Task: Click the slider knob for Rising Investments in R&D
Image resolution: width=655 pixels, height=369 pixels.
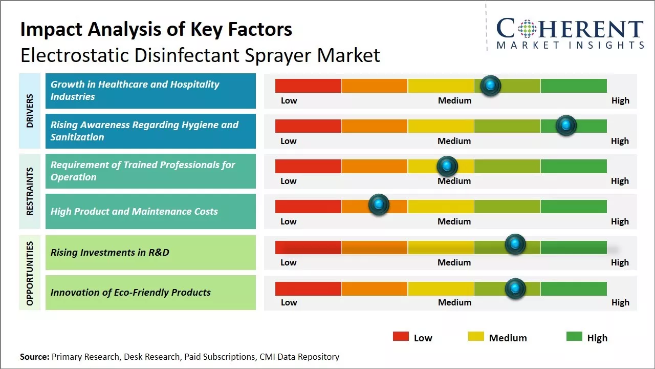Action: (x=515, y=244)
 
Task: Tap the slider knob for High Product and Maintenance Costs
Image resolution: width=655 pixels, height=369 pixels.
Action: (x=379, y=204)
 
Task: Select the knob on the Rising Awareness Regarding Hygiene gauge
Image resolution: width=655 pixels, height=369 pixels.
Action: (x=566, y=125)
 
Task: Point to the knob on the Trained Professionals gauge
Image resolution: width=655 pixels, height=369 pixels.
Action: (x=447, y=166)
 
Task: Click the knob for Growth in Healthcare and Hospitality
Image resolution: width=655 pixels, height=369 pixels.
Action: (x=491, y=85)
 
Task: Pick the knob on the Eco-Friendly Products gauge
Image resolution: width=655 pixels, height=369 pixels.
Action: (x=515, y=289)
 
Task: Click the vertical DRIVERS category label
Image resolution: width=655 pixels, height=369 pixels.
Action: (x=30, y=111)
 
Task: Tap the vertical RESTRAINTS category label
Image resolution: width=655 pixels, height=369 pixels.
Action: (x=30, y=191)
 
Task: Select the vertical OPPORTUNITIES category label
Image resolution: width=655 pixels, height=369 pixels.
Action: (x=30, y=273)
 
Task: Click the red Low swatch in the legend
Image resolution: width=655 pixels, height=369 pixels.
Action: (x=401, y=336)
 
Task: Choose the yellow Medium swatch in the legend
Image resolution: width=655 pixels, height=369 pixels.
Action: (x=476, y=336)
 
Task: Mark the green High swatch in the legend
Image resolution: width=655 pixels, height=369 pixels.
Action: (x=574, y=336)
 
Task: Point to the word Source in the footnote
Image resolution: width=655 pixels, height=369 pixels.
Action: (x=34, y=357)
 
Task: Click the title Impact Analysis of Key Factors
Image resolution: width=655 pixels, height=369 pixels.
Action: (x=156, y=29)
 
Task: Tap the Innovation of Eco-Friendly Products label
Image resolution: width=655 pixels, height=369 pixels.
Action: (x=130, y=293)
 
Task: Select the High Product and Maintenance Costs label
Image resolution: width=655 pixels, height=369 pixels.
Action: (x=134, y=212)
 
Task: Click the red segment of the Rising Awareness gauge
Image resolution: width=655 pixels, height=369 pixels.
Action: (x=308, y=126)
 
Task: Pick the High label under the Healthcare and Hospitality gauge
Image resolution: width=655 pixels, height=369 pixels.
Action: (x=620, y=100)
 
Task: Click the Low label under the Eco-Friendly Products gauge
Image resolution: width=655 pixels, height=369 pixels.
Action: (x=289, y=302)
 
